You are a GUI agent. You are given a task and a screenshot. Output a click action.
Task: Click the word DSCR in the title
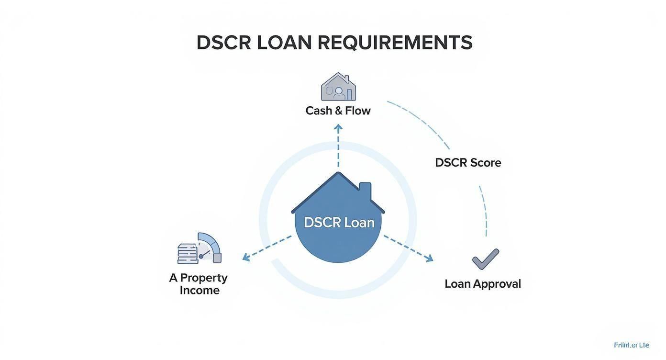223,43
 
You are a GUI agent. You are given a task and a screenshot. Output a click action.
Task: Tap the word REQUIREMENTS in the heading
395,43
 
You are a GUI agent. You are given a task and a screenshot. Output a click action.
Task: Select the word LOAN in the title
284,43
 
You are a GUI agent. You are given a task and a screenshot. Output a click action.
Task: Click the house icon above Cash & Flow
338,87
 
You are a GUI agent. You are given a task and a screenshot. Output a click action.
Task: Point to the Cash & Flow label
338,111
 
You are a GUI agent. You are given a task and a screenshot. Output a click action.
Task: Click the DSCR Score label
468,163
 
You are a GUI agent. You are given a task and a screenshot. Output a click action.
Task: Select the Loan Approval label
482,284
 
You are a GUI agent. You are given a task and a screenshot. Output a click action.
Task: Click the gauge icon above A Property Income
200,248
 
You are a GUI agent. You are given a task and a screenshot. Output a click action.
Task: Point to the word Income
200,291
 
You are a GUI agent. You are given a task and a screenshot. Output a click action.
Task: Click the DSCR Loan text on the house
339,223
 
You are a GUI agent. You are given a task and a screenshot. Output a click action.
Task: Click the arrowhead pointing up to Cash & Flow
338,128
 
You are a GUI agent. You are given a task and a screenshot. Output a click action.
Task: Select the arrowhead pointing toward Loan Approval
429,259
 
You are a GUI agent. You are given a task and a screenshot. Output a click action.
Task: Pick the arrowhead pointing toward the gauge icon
246,258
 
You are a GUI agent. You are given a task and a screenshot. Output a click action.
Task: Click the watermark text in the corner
632,345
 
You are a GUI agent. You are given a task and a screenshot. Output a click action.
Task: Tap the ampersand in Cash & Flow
338,111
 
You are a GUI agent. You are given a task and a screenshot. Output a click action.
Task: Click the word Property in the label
204,278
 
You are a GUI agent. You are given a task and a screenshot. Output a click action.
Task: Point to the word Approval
497,284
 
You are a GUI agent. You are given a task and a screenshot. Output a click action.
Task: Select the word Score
485,163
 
